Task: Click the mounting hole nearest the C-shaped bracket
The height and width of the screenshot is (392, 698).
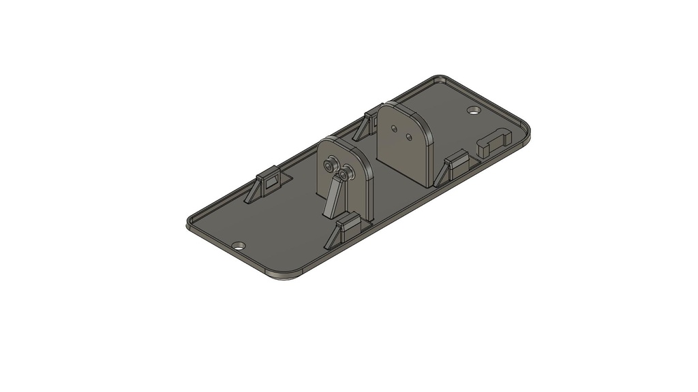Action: (x=473, y=110)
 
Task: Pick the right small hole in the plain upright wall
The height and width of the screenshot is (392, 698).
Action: (x=409, y=137)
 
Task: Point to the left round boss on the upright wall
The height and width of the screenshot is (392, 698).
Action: (x=331, y=165)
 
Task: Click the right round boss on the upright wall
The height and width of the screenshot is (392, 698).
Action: (x=346, y=173)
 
